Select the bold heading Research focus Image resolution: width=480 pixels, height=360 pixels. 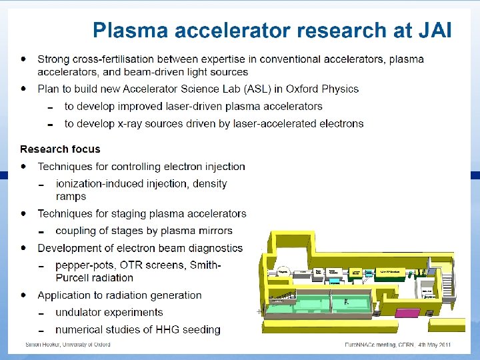click(x=60, y=149)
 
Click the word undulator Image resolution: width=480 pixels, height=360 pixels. click(x=79, y=312)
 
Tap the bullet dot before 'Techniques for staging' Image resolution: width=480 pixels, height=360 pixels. click(x=24, y=213)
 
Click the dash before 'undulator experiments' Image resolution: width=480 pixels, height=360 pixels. click(x=41, y=313)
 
